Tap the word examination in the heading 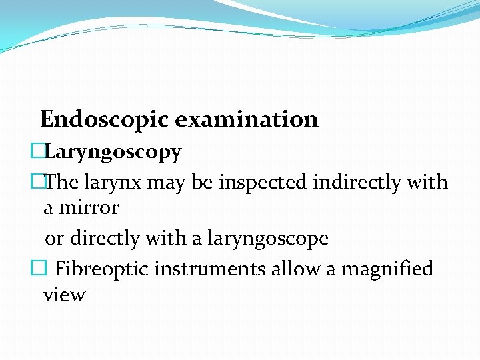click(x=247, y=119)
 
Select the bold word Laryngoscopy click(x=113, y=153)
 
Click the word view click(x=64, y=295)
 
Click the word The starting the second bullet click(x=61, y=181)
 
